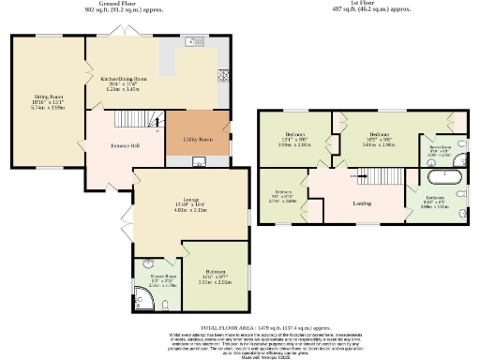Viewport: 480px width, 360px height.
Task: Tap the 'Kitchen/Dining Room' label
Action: [125, 79]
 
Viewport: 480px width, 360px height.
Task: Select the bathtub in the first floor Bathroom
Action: [441, 174]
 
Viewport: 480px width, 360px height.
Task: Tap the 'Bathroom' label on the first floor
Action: [436, 197]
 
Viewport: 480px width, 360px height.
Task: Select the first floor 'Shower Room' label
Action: [441, 147]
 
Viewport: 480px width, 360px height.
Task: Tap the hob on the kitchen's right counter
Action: [222, 78]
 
